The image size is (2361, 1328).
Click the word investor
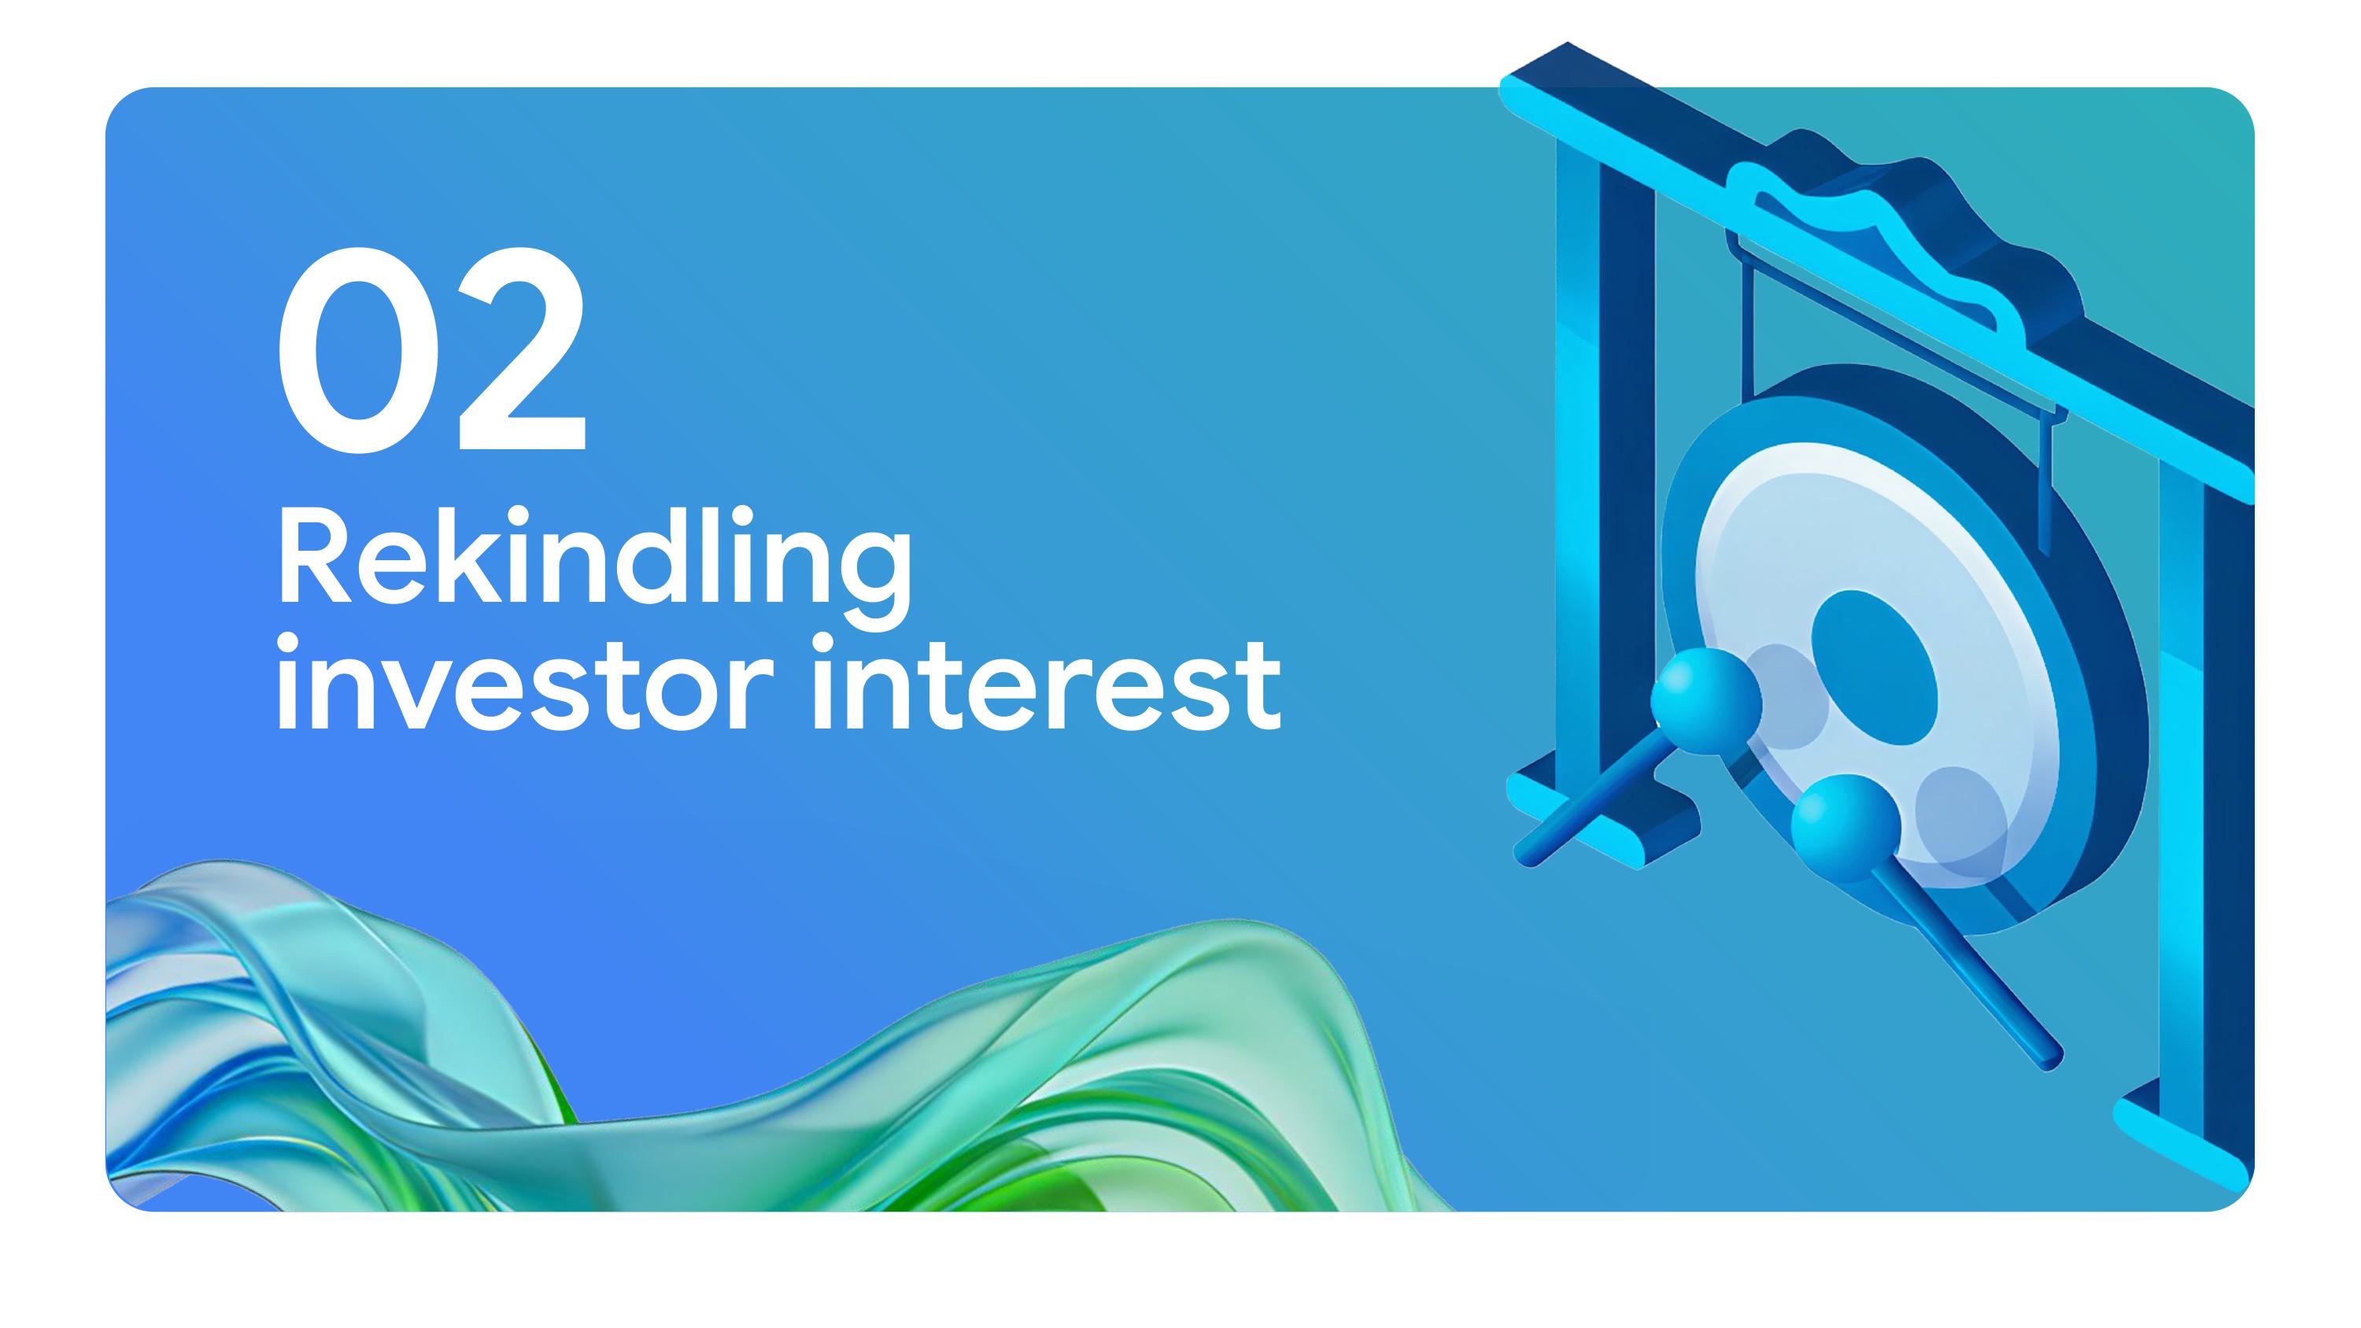(x=519, y=685)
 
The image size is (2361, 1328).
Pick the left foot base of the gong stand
(x=1604, y=806)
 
